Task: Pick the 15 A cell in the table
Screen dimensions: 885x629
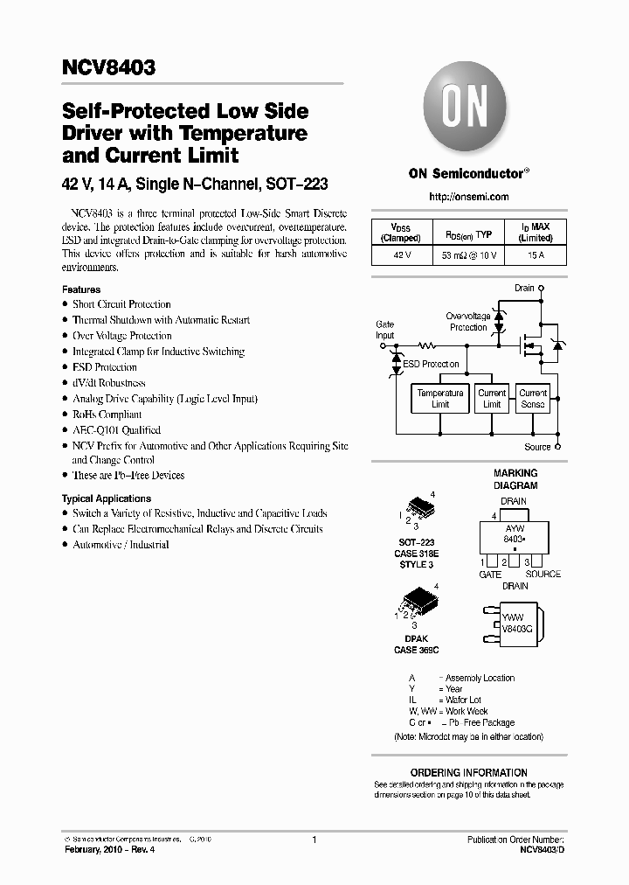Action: tap(536, 255)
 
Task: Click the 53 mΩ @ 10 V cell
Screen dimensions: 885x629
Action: tap(468, 255)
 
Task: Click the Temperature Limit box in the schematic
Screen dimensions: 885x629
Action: tap(440, 399)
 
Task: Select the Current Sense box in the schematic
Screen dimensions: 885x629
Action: tap(533, 399)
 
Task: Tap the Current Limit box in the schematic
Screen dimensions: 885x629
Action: tap(492, 399)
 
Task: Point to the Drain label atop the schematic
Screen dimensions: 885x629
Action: tap(524, 288)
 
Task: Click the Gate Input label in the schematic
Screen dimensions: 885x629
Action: tap(384, 330)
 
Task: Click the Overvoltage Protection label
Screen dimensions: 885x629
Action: tap(468, 322)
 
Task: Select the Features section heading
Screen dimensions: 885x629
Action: tap(81, 289)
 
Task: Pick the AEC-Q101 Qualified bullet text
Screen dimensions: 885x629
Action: tap(116, 430)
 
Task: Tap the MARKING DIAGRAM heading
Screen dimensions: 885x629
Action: tap(515, 479)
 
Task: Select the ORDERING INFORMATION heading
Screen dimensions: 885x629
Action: tap(468, 773)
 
